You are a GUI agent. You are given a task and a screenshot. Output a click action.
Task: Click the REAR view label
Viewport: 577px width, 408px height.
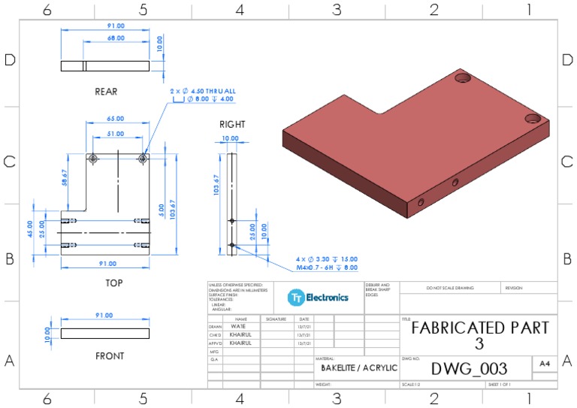coord(105,92)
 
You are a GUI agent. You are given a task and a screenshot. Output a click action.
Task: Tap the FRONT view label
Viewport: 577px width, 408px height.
coord(109,355)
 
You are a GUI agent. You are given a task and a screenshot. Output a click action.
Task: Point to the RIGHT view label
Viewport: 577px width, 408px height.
coord(232,124)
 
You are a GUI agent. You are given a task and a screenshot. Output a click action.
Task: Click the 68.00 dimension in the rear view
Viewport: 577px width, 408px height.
coord(116,38)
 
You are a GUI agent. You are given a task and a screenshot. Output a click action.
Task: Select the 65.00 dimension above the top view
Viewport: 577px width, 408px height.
coord(116,119)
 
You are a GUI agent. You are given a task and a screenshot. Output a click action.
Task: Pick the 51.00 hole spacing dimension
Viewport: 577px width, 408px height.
coord(116,134)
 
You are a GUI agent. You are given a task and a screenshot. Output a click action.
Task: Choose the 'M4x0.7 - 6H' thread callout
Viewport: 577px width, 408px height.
coord(326,267)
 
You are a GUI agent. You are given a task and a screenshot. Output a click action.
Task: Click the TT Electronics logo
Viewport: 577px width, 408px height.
coord(318,297)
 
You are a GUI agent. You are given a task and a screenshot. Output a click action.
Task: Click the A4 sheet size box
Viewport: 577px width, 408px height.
coord(544,363)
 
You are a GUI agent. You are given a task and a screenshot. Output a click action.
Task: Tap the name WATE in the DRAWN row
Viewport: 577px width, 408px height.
coord(240,327)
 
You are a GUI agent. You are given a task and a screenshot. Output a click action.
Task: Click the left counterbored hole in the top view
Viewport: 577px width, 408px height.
coord(93,159)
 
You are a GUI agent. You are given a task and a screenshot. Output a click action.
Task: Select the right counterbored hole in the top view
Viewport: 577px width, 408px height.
coord(143,159)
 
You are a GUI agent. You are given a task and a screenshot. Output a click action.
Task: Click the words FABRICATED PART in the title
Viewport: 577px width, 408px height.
coord(479,328)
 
